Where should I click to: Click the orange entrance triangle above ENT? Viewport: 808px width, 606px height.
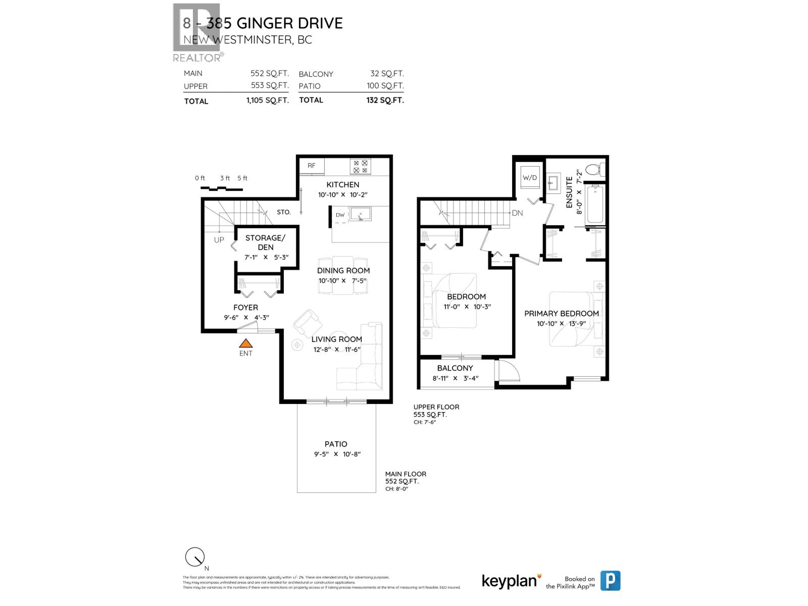pyautogui.click(x=245, y=343)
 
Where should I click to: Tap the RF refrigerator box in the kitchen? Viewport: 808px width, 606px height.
pyautogui.click(x=312, y=166)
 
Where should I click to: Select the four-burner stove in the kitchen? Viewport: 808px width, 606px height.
pyautogui.click(x=361, y=167)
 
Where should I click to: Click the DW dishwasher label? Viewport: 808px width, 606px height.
pyautogui.click(x=340, y=215)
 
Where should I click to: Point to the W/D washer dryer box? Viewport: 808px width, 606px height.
pyautogui.click(x=530, y=178)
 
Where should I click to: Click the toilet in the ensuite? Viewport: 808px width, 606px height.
pyautogui.click(x=595, y=169)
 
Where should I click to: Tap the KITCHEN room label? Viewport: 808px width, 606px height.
pyautogui.click(x=343, y=185)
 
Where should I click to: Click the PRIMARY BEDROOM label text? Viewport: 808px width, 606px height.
pyautogui.click(x=561, y=314)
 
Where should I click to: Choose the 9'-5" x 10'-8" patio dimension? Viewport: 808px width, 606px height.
pyautogui.click(x=337, y=454)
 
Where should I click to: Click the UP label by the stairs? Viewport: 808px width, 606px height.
pyautogui.click(x=219, y=240)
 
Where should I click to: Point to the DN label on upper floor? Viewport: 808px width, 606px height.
pyautogui.click(x=517, y=213)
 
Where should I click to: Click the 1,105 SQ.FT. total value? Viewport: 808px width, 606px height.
pyautogui.click(x=267, y=100)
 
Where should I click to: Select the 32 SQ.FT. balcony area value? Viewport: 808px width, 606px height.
pyautogui.click(x=387, y=74)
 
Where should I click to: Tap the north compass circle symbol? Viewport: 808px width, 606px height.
pyautogui.click(x=194, y=557)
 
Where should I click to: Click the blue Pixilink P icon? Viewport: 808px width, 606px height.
pyautogui.click(x=610, y=581)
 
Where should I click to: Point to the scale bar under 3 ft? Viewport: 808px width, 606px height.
pyautogui.click(x=221, y=189)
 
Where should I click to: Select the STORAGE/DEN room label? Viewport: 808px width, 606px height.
pyautogui.click(x=265, y=242)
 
